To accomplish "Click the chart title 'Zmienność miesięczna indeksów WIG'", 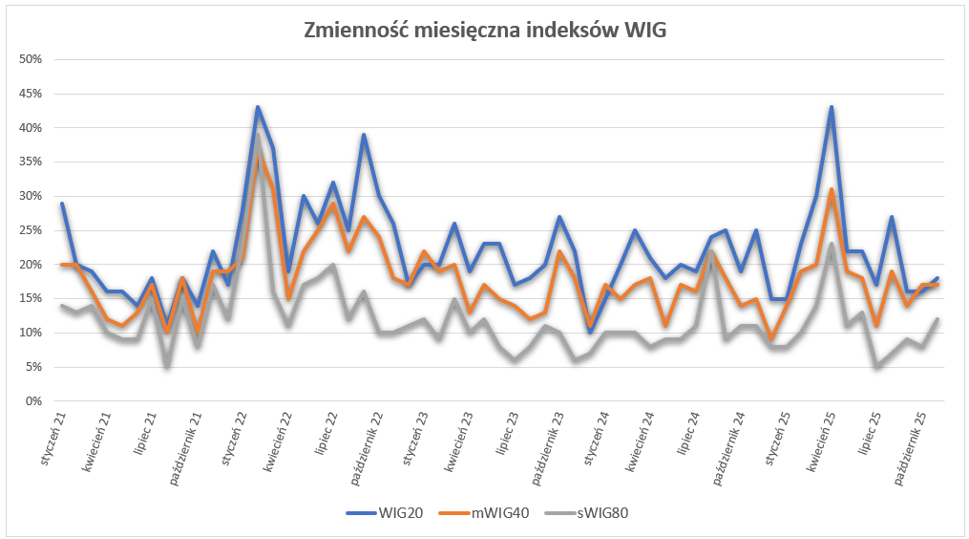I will pos(484,30).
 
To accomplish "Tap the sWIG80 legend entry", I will pos(602,513).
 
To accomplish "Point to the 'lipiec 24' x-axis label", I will pos(688,438).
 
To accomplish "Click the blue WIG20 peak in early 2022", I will pos(258,107).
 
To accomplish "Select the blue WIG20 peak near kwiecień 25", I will pos(832,107).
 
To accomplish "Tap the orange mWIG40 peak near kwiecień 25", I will pos(832,189).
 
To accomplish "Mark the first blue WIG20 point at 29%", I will pos(62,203).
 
